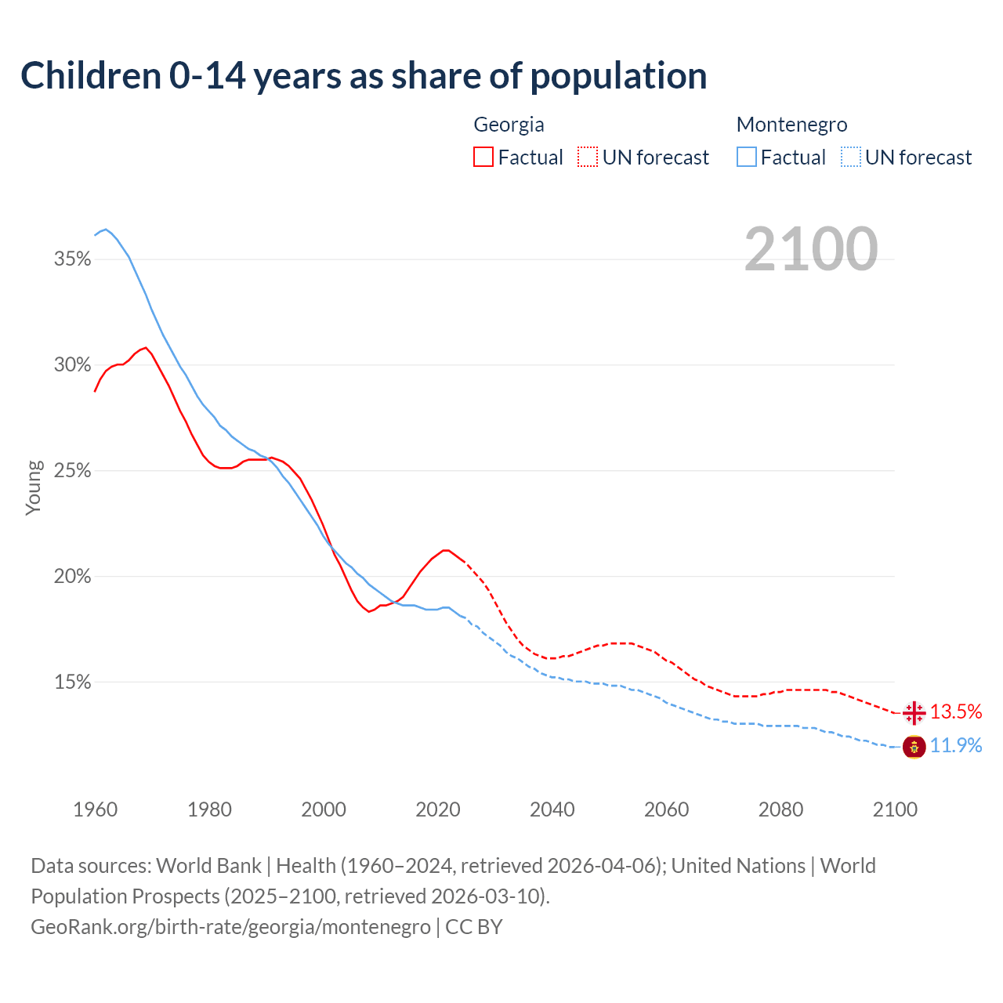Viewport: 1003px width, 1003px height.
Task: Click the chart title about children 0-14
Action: (x=364, y=76)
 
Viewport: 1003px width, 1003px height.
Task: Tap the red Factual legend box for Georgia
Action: (x=483, y=158)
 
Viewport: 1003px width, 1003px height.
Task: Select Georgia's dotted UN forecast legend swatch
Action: (x=588, y=158)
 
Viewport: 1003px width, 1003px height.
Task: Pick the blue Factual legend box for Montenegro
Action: (x=747, y=158)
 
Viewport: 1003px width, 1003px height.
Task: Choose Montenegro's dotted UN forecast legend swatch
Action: (x=851, y=158)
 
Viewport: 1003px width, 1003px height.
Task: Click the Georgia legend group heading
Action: (x=509, y=125)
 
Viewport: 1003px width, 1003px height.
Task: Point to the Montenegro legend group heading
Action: (x=791, y=125)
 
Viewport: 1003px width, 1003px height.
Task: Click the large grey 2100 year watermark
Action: (x=811, y=249)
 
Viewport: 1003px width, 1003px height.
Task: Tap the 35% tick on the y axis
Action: (x=73, y=259)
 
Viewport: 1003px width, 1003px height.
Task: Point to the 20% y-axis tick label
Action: (x=73, y=577)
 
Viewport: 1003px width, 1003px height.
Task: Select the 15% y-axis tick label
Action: (x=73, y=683)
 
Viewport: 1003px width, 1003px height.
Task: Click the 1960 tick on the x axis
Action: (x=96, y=809)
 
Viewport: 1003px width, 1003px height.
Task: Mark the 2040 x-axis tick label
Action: (x=552, y=809)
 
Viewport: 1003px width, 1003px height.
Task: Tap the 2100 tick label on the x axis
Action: (x=895, y=809)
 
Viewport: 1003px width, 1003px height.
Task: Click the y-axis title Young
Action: (x=34, y=487)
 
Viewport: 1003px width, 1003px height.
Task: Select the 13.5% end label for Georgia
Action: (x=956, y=712)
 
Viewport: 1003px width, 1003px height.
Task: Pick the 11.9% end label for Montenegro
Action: (x=956, y=745)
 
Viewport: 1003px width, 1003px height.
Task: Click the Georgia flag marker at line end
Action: (x=914, y=713)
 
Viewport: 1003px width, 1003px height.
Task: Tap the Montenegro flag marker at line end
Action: (x=914, y=747)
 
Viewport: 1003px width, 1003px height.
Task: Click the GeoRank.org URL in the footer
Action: (x=230, y=927)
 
